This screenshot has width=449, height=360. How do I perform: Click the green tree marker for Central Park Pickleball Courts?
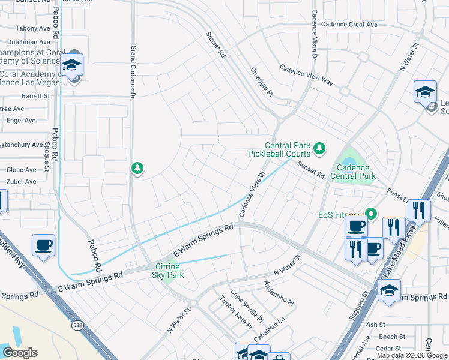[x=320, y=147]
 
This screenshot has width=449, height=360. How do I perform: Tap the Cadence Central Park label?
[x=356, y=172]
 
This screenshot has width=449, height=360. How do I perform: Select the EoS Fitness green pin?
[x=371, y=213]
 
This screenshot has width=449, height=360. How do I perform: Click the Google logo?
[x=20, y=352]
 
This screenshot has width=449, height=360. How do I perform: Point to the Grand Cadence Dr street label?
[x=133, y=64]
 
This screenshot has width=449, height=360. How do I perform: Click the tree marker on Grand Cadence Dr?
[x=137, y=168]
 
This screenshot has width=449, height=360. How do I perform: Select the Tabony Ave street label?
[x=33, y=28]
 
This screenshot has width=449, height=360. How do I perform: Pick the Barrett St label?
[x=35, y=96]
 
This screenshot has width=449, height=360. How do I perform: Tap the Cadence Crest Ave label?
[x=349, y=25]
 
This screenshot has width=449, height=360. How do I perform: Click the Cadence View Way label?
[x=306, y=74]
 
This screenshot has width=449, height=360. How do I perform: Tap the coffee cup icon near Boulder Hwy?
[x=44, y=245]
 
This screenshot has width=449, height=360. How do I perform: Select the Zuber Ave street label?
[x=21, y=181]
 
